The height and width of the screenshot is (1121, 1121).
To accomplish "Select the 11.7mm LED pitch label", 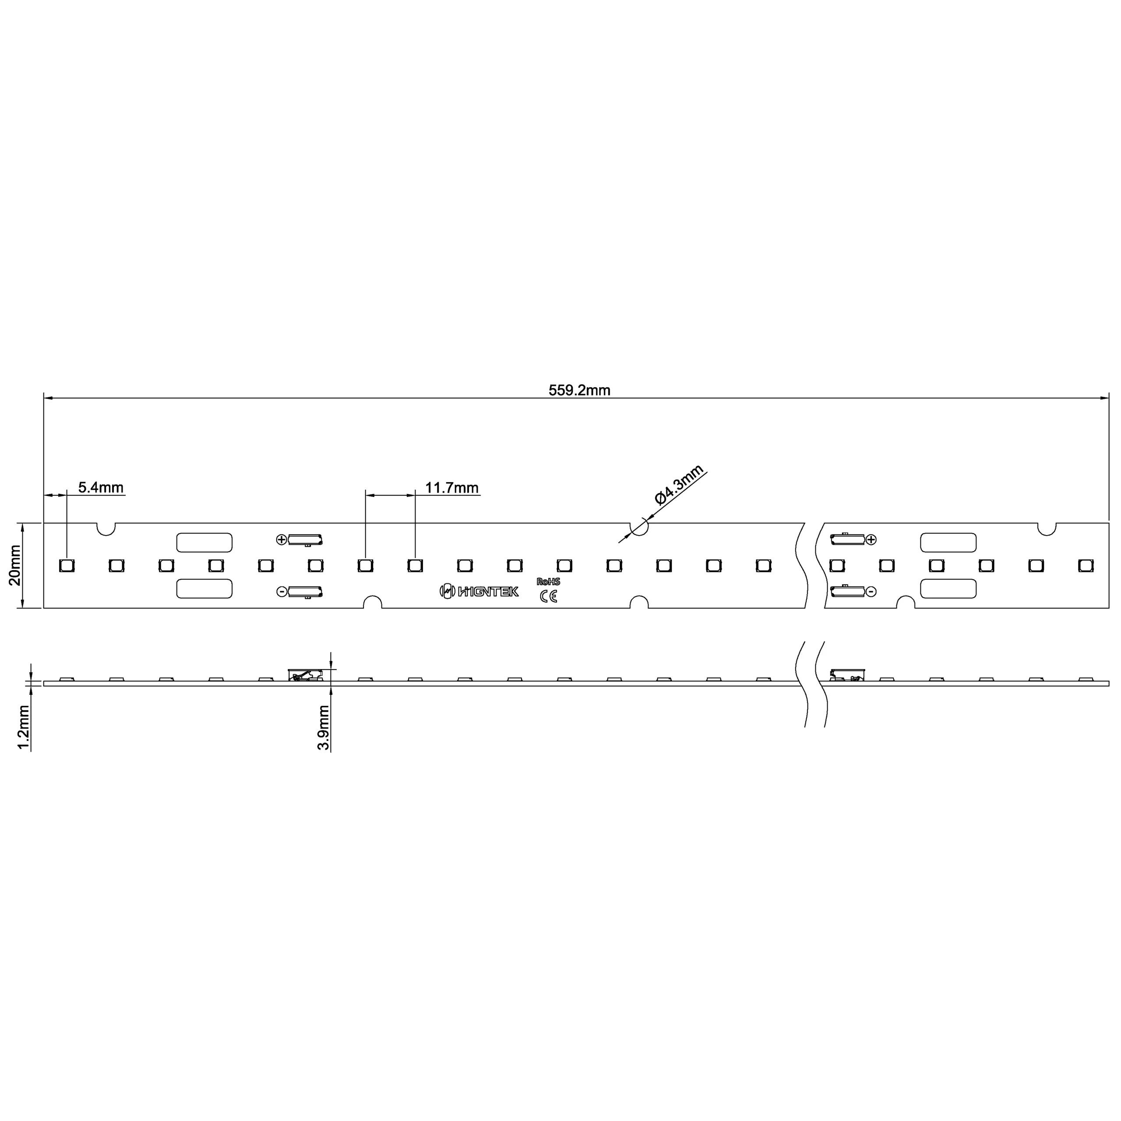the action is click(452, 487).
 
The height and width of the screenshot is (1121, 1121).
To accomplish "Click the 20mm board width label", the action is click(14, 565).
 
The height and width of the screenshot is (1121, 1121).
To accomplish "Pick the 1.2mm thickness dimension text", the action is click(24, 728).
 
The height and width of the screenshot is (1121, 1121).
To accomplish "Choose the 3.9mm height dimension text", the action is click(323, 728).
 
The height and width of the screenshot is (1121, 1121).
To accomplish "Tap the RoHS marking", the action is click(548, 582).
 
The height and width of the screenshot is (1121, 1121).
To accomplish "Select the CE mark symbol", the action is click(548, 596).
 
